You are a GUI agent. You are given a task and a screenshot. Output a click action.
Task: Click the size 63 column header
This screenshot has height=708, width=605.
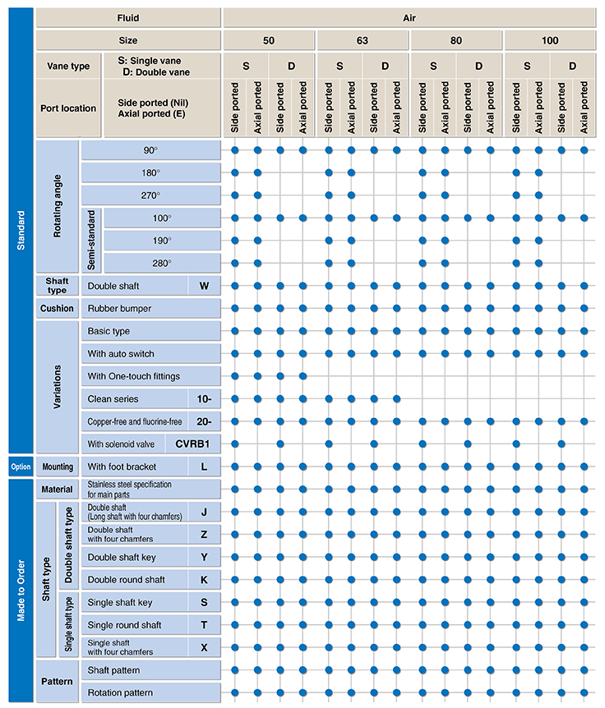tap(363, 40)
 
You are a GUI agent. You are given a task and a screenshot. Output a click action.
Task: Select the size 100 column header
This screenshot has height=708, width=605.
tap(550, 40)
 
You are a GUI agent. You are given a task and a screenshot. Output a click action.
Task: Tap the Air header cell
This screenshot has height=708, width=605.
tap(409, 18)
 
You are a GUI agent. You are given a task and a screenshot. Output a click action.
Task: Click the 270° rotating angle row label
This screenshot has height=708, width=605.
tap(150, 195)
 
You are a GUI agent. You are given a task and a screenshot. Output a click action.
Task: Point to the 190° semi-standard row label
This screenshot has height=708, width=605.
tap(162, 241)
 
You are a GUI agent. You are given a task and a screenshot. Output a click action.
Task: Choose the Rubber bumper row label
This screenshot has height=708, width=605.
tap(119, 309)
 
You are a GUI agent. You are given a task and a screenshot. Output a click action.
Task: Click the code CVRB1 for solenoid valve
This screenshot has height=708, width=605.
tap(192, 444)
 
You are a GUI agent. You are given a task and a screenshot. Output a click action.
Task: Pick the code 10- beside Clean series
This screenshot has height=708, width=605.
tap(204, 399)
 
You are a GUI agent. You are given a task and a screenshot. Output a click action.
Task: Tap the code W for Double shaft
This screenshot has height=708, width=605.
tap(204, 287)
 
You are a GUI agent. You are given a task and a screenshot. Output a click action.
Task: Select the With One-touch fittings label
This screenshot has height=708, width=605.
tap(134, 376)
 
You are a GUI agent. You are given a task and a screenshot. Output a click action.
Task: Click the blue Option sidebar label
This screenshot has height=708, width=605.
tap(21, 467)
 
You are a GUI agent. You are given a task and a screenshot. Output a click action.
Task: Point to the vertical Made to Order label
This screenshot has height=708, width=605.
tap(21, 591)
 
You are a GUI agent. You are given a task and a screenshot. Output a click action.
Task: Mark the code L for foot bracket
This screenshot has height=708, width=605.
tap(204, 467)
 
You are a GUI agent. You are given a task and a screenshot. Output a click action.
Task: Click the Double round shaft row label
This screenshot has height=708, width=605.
tap(126, 580)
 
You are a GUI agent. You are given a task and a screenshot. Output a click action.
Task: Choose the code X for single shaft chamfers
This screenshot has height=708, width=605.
tap(204, 648)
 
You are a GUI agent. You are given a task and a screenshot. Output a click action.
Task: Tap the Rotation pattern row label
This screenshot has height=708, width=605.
tap(120, 693)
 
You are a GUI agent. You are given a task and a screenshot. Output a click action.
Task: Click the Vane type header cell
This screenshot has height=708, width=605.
tap(68, 67)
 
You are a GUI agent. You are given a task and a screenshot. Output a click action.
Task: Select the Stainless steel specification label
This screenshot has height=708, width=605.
tap(129, 490)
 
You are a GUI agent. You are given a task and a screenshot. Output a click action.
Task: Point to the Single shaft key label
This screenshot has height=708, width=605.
tap(120, 603)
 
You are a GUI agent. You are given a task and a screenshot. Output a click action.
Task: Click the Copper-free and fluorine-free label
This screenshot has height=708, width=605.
tap(135, 421)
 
